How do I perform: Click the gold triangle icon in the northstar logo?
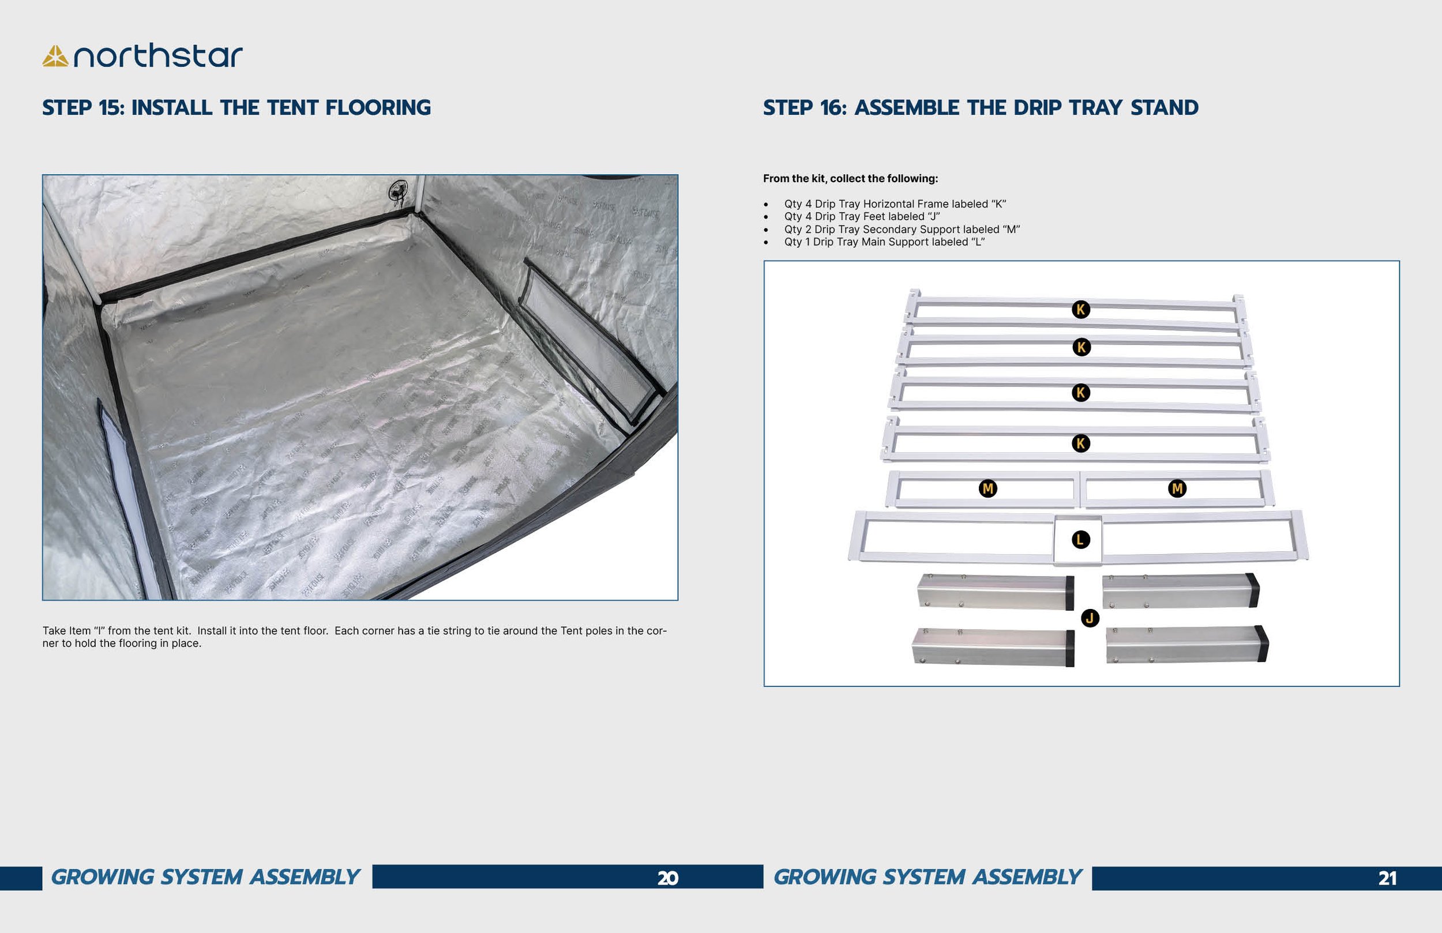click(x=55, y=57)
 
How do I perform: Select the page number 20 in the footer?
click(x=668, y=878)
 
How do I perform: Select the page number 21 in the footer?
click(x=1387, y=878)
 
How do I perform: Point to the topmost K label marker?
click(x=1080, y=310)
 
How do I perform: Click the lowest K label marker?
click(x=1080, y=443)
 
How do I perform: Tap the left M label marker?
click(x=987, y=488)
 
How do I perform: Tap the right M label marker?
click(x=1177, y=488)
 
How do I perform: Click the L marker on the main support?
click(x=1080, y=540)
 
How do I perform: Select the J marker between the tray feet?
click(x=1090, y=618)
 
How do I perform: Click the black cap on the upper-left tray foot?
click(x=1070, y=593)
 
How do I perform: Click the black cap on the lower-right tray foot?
click(x=1262, y=644)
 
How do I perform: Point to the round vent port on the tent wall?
click(x=398, y=191)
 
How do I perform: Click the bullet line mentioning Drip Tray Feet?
click(x=862, y=216)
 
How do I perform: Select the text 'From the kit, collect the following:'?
click(x=850, y=179)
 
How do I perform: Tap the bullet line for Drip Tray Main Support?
click(x=884, y=242)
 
